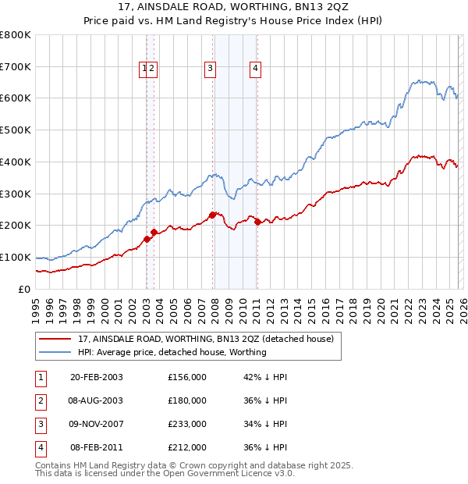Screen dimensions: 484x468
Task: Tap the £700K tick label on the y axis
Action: click(x=16, y=66)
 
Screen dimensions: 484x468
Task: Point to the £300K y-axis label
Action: click(x=16, y=194)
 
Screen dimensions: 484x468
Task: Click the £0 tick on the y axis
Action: click(x=24, y=289)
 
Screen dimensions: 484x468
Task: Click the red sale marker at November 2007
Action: click(x=212, y=214)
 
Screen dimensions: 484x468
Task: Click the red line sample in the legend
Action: click(x=55, y=339)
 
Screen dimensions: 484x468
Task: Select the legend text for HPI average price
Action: click(x=172, y=352)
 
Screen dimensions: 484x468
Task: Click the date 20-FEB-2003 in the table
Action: click(x=96, y=377)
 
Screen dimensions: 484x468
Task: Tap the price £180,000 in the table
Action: click(x=186, y=400)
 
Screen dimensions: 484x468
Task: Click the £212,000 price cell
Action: click(x=186, y=447)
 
